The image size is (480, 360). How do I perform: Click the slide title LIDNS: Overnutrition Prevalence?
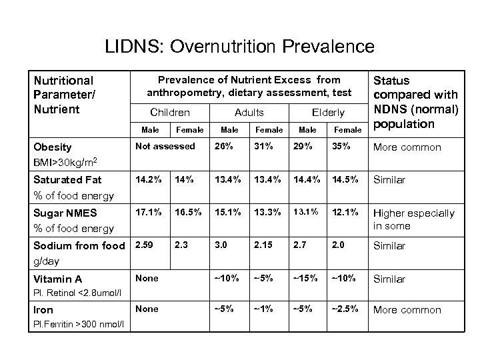click(x=240, y=47)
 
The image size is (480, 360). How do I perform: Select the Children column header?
click(x=170, y=113)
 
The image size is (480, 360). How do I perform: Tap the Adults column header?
click(x=249, y=113)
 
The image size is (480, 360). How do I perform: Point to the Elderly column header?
click(x=328, y=113)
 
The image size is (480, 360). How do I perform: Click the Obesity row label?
click(x=53, y=147)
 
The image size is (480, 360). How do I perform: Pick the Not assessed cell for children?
click(x=165, y=146)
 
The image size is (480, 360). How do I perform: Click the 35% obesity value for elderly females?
click(x=340, y=146)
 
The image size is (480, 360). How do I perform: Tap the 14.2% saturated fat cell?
click(x=149, y=179)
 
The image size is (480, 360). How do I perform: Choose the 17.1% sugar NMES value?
click(x=149, y=213)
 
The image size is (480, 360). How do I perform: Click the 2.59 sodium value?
click(x=145, y=245)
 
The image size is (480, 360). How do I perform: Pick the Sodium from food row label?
click(x=79, y=246)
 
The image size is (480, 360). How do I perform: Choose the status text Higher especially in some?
click(x=413, y=219)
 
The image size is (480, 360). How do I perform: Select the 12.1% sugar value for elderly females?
click(x=343, y=213)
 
